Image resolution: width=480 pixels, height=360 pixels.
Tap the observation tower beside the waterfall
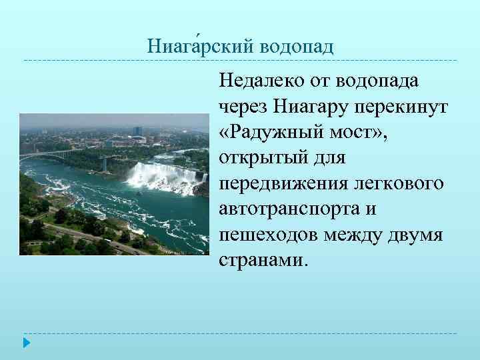point(105,162)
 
